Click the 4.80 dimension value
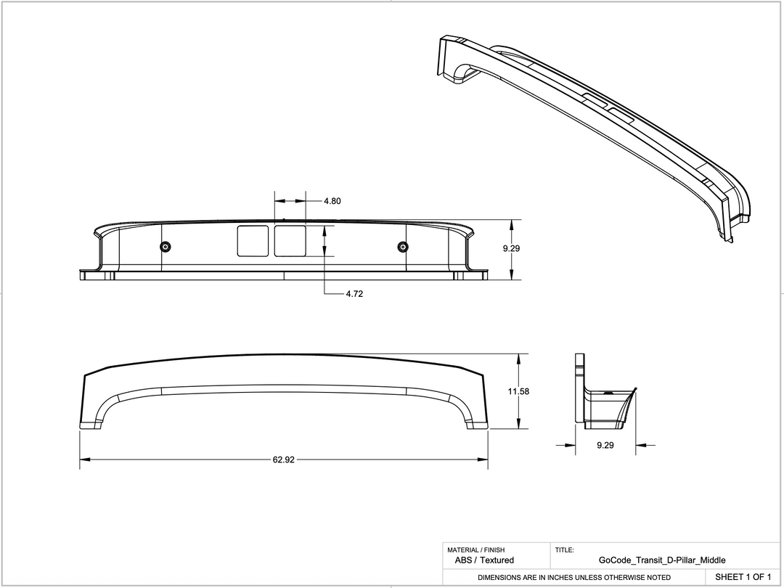click(332, 201)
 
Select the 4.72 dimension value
click(354, 295)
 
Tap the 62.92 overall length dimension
click(284, 460)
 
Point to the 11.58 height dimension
click(518, 391)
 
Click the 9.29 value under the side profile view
click(605, 446)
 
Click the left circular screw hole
click(166, 247)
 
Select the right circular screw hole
click(403, 247)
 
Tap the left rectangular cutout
click(253, 240)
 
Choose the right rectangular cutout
click(290, 240)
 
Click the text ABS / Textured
click(479, 560)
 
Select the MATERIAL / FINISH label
click(475, 550)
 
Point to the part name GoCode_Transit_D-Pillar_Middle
click(662, 560)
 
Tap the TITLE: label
click(565, 550)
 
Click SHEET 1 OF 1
click(743, 577)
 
